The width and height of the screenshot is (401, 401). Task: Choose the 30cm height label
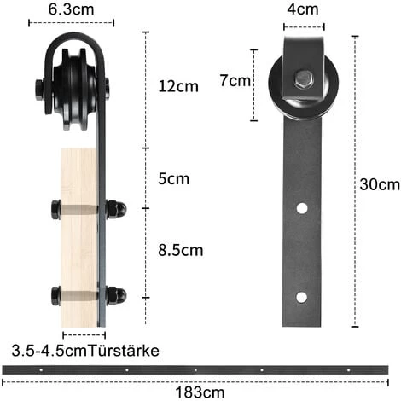coord(378,184)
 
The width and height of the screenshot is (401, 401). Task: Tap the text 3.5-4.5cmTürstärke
coord(85,350)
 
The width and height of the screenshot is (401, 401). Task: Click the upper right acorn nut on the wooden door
coord(115,208)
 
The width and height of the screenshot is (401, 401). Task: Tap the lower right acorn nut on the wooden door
coord(115,295)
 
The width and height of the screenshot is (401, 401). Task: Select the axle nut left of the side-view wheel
coord(40,88)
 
